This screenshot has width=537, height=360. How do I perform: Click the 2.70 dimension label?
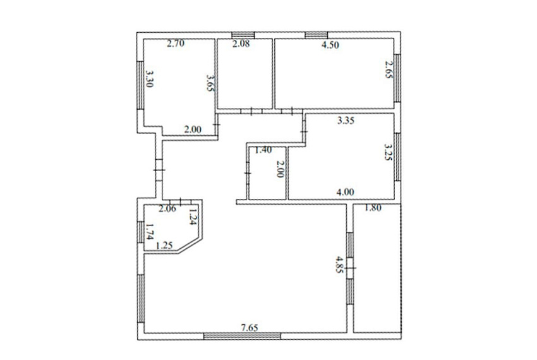click(176, 44)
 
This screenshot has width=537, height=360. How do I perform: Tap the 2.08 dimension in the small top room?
click(241, 44)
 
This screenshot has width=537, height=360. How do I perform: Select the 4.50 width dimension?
click(330, 45)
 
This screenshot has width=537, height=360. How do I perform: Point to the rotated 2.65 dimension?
click(389, 70)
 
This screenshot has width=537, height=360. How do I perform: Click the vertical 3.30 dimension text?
click(149, 79)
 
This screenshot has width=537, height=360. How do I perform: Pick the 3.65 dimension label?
click(210, 83)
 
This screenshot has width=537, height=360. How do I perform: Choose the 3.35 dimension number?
click(346, 121)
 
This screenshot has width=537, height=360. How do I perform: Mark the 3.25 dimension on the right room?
click(389, 152)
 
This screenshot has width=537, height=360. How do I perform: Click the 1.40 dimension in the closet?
click(263, 150)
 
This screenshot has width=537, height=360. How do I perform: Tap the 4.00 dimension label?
click(345, 192)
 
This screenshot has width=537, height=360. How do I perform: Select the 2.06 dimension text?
click(167, 208)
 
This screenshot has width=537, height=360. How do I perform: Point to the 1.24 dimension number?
click(192, 217)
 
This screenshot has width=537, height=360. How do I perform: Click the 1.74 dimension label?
click(149, 232)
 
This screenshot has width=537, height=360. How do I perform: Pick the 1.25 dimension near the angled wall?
click(164, 246)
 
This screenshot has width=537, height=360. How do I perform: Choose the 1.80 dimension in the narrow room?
click(373, 208)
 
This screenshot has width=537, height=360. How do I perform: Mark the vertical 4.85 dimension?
click(339, 265)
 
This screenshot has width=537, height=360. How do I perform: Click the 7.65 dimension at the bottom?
click(250, 328)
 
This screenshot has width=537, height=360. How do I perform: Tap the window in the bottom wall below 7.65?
click(242, 336)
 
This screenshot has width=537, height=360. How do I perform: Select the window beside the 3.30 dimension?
click(140, 85)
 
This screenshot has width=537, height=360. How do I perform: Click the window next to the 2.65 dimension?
click(397, 78)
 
